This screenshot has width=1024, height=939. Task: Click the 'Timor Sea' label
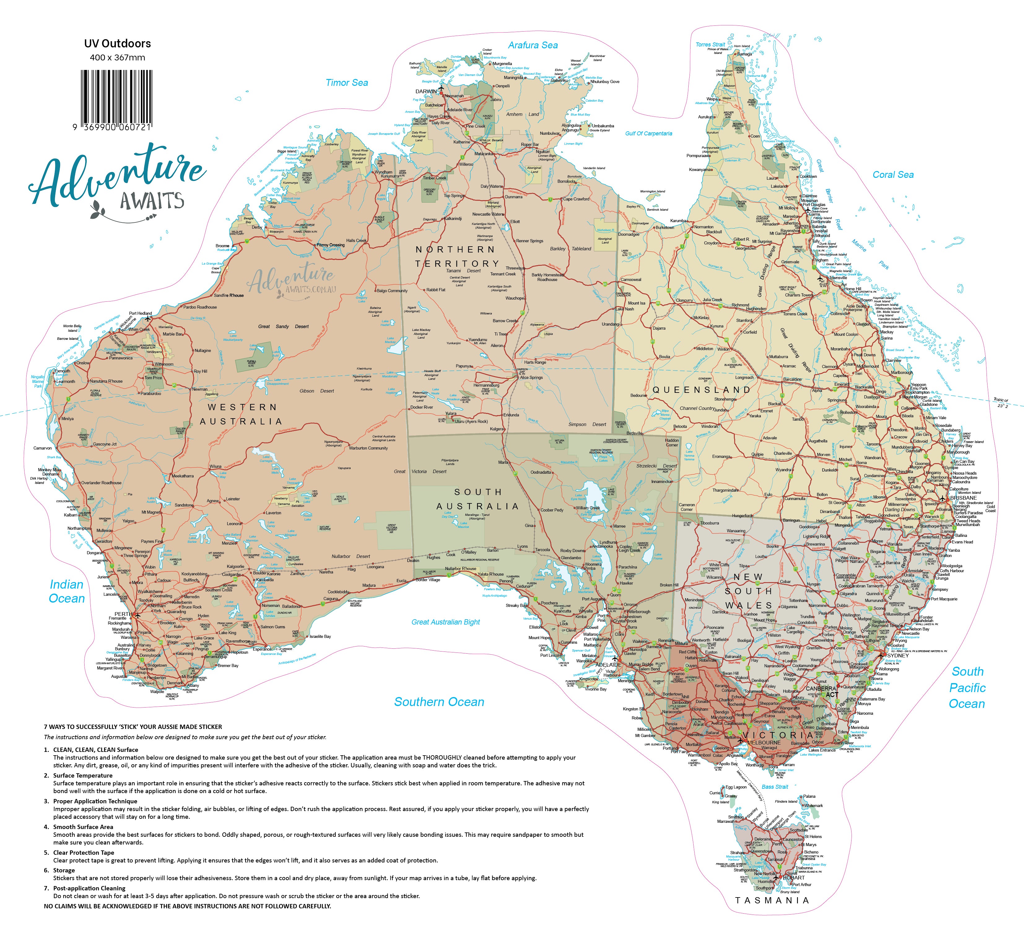pos(347,83)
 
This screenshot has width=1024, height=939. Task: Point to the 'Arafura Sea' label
pos(533,45)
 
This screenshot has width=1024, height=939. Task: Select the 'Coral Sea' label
pos(893,175)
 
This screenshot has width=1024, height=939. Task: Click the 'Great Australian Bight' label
pos(446,622)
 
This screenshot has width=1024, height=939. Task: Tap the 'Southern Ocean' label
pos(439,702)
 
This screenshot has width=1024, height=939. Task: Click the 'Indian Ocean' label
pos(67,591)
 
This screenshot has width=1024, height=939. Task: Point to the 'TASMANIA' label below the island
pos(772,900)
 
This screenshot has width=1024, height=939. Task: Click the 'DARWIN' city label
pos(426,91)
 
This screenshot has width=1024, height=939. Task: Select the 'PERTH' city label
pos(123,614)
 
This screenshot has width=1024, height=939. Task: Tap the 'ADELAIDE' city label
pos(608,665)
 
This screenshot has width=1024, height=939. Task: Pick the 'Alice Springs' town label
pos(531,378)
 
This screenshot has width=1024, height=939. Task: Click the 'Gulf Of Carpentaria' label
pos(649,134)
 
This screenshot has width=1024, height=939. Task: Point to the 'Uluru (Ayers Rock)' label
pos(471,421)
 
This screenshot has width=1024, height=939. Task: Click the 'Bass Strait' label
pos(775,787)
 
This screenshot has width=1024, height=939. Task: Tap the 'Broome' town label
pos(222,246)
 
